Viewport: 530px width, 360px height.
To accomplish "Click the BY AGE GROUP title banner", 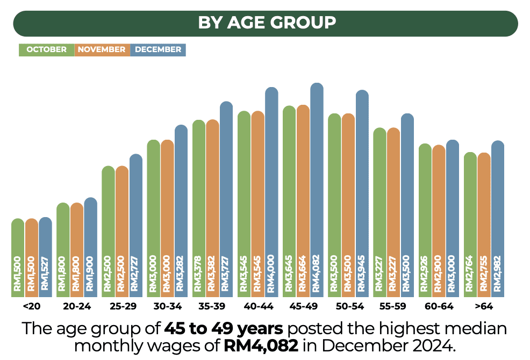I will pos(265,23).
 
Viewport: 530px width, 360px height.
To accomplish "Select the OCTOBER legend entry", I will pos(47,49).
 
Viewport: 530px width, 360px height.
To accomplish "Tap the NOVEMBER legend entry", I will pos(102,49).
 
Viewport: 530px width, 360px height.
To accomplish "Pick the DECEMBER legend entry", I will pos(158,49).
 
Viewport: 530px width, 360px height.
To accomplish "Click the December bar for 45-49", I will pos(317,188).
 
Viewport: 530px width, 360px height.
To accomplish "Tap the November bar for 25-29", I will pos(122,231).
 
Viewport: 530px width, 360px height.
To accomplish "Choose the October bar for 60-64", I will pos(425,220).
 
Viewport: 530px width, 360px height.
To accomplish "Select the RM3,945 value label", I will pos(362,273).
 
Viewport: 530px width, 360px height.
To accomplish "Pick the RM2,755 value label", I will pos(484,273).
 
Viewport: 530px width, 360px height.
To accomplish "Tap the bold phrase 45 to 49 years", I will pos(224,328).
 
